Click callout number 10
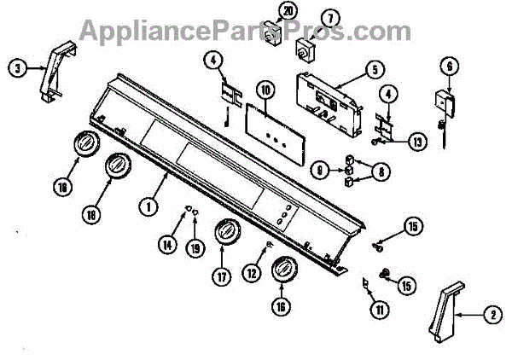[x=265, y=89]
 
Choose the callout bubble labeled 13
[x=416, y=141]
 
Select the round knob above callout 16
[x=282, y=274]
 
